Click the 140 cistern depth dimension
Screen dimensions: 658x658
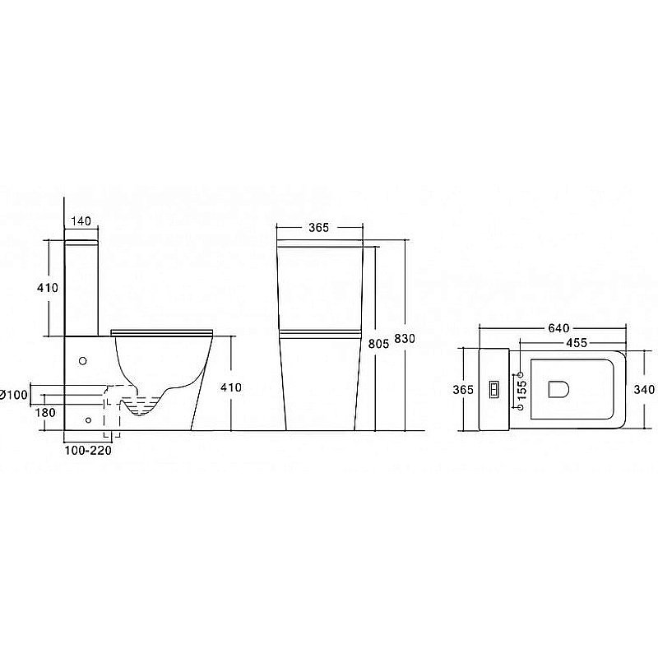click(x=81, y=220)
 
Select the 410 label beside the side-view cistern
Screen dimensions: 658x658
click(x=48, y=288)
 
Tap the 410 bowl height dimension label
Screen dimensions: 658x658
click(x=231, y=387)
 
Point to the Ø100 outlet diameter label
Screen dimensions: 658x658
click(x=14, y=395)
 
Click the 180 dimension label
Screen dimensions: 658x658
click(x=45, y=413)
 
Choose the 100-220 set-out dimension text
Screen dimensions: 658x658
click(x=88, y=451)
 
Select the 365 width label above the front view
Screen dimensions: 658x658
click(x=319, y=228)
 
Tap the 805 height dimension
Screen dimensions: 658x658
click(x=378, y=344)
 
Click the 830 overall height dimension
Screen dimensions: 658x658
click(x=405, y=338)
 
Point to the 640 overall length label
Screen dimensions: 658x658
click(x=559, y=328)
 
